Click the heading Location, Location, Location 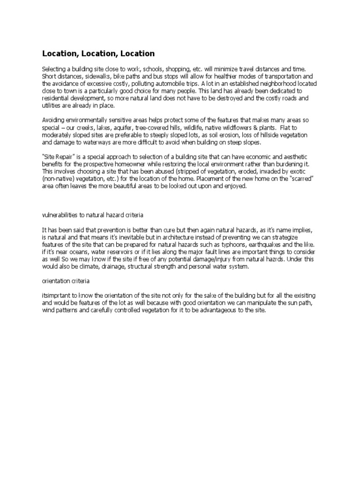[x=98, y=53]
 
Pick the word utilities [x=52, y=106]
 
